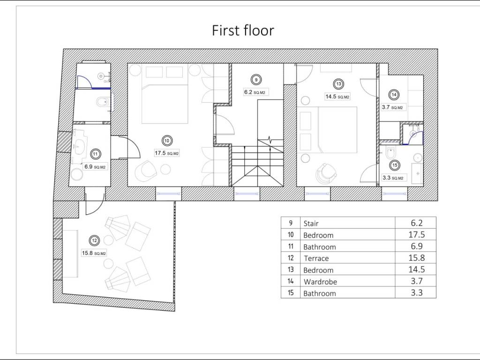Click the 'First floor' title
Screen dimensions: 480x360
[x=243, y=30]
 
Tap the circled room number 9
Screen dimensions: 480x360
[x=256, y=80]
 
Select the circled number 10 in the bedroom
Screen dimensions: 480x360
[x=166, y=141]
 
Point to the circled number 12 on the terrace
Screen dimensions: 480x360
[x=94, y=240]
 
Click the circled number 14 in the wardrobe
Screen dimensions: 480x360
[x=394, y=95]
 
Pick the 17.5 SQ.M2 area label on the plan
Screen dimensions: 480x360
[x=167, y=153]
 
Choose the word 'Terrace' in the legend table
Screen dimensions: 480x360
[x=316, y=258]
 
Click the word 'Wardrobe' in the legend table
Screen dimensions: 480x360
[x=320, y=282]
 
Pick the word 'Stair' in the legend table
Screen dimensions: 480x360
[x=311, y=224]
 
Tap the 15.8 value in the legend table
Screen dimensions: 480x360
[x=417, y=258]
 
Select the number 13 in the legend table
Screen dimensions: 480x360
[x=291, y=270]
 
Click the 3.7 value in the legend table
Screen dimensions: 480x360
[x=417, y=281]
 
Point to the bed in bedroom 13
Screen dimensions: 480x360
[x=337, y=130]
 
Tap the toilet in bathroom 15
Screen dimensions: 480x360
[x=390, y=152]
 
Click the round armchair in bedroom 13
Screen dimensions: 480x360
[x=326, y=174]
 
